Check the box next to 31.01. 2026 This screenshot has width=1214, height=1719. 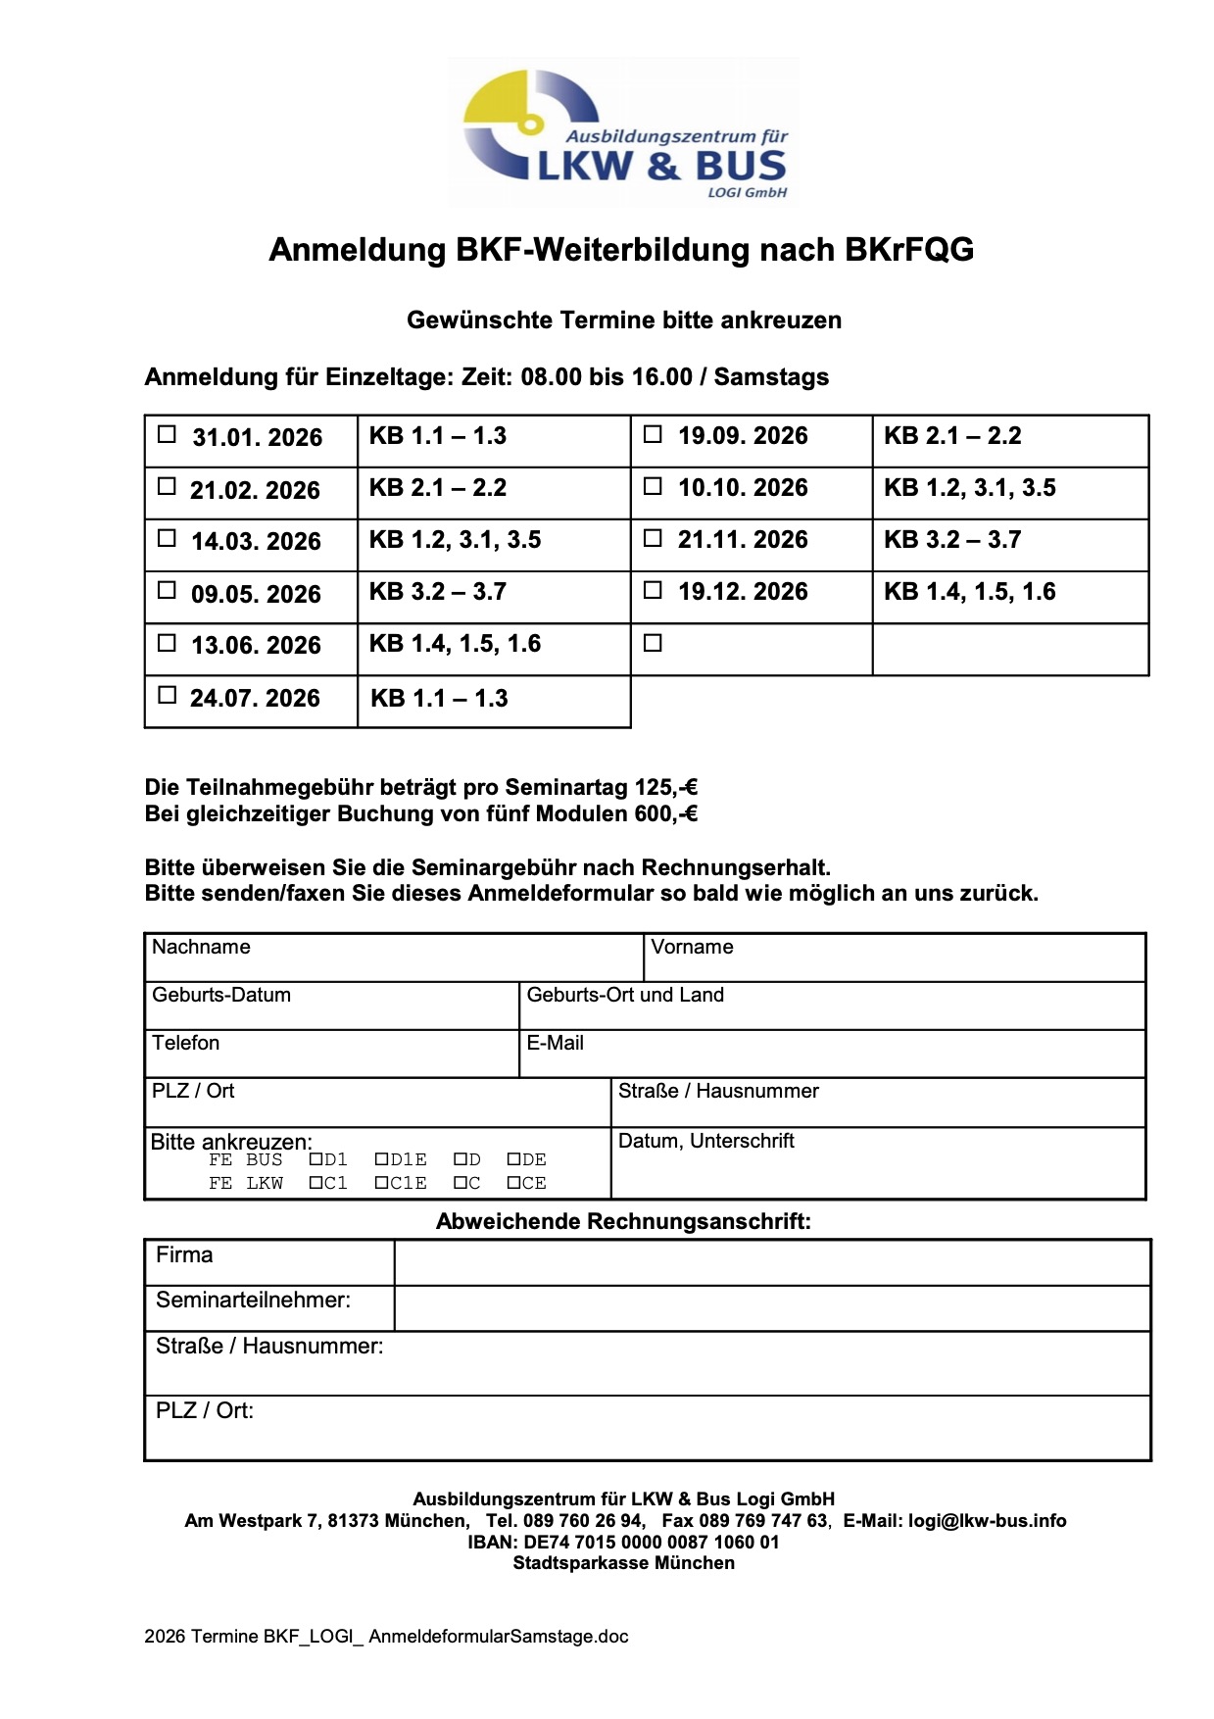[x=168, y=434]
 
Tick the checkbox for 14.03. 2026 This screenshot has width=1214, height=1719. [x=168, y=538]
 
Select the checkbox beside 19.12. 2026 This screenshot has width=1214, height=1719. [x=653, y=590]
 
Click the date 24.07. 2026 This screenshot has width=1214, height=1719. [x=255, y=699]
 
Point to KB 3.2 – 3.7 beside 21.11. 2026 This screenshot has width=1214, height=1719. [x=952, y=540]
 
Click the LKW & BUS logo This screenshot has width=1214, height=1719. [x=624, y=133]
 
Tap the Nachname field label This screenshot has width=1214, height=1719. [x=201, y=948]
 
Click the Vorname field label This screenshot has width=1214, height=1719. [x=692, y=948]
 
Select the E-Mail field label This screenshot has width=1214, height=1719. [x=555, y=1044]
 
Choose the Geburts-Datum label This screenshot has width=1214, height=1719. [x=221, y=996]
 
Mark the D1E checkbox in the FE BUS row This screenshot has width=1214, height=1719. [x=382, y=1159]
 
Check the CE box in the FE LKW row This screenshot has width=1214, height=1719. [x=513, y=1184]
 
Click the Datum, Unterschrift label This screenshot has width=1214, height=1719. [x=705, y=1142]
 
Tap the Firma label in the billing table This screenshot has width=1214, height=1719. [x=184, y=1255]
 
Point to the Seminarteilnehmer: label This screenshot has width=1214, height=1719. [x=253, y=1301]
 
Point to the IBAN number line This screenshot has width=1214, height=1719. [x=623, y=1543]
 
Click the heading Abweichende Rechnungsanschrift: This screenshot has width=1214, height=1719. [x=623, y=1222]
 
